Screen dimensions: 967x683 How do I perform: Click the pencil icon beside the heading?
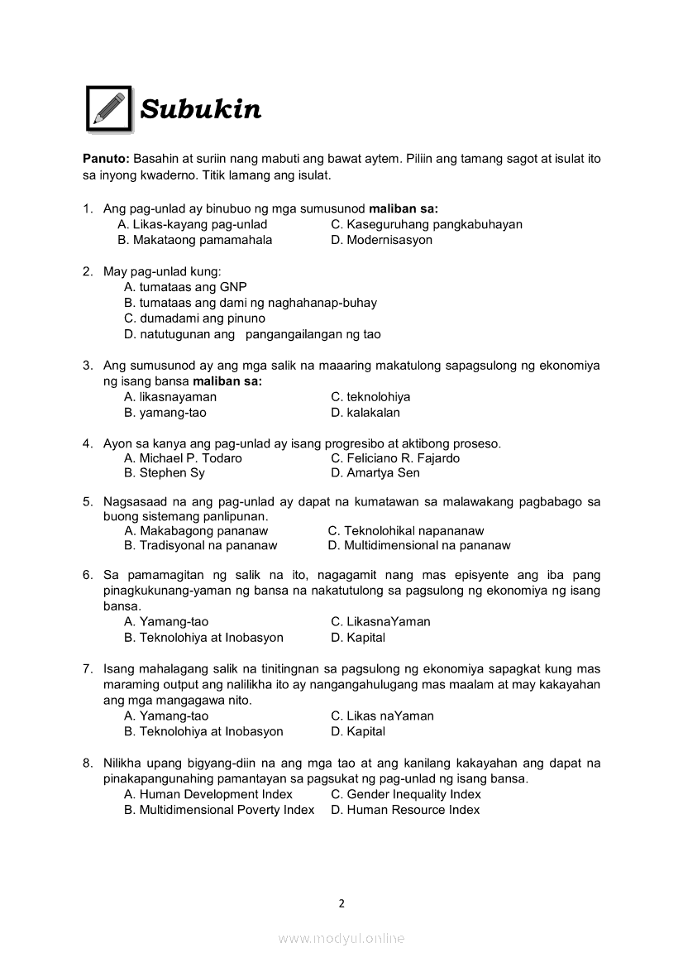109,108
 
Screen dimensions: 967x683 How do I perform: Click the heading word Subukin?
201,109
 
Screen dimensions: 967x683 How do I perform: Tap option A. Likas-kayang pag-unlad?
193,224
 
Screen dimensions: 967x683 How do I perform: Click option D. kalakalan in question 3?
365,412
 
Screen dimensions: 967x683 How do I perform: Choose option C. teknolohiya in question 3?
370,397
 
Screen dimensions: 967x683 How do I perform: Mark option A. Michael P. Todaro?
183,458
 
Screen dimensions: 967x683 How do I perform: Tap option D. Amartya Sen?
375,473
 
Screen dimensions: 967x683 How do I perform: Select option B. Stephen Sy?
165,473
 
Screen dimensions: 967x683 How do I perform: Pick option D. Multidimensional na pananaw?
419,545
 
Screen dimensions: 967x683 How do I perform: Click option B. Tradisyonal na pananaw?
201,545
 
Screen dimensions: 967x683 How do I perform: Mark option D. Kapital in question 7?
357,731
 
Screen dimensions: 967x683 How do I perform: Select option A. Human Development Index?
208,794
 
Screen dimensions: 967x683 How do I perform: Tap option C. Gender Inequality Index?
405,794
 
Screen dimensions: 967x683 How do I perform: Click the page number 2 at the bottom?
341,903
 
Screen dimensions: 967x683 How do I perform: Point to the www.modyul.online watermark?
341,938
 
